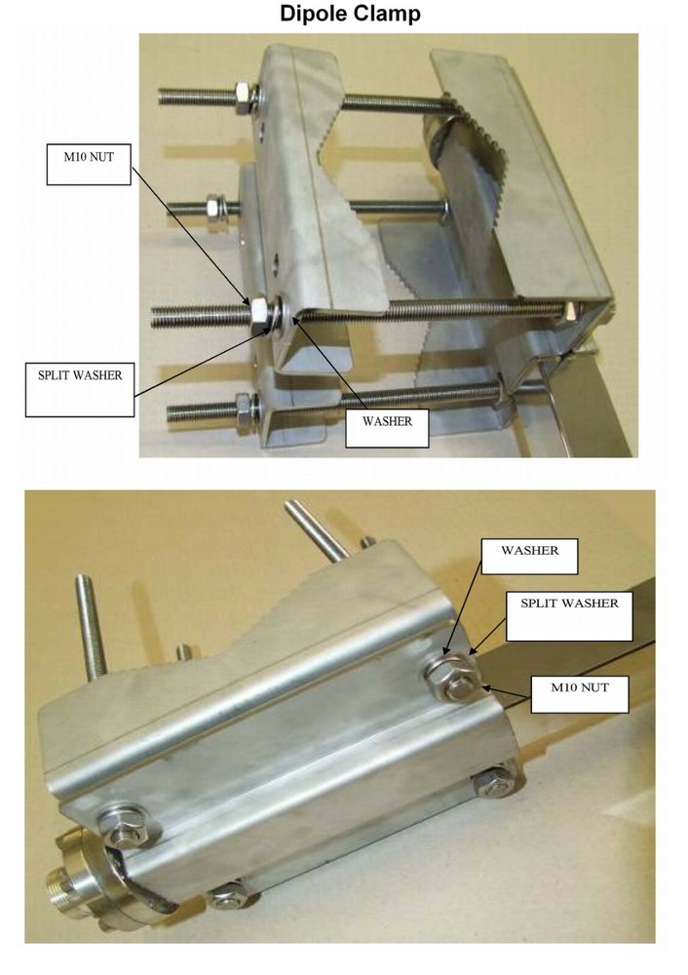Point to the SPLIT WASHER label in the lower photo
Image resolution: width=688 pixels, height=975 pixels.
click(569, 604)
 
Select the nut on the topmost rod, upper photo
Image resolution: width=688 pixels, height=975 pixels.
click(240, 96)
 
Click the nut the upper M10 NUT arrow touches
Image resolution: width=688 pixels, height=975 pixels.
click(260, 314)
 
